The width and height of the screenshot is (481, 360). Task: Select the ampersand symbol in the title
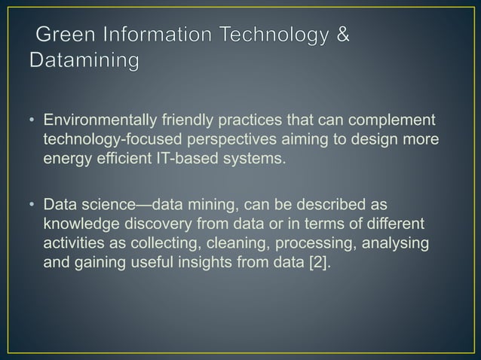pos(342,35)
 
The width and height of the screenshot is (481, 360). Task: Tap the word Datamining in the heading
pos(84,59)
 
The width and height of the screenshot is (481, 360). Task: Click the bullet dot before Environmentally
pos(32,122)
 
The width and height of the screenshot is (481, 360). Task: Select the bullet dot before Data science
pos(32,205)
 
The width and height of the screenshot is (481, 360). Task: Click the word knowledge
pos(80,224)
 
